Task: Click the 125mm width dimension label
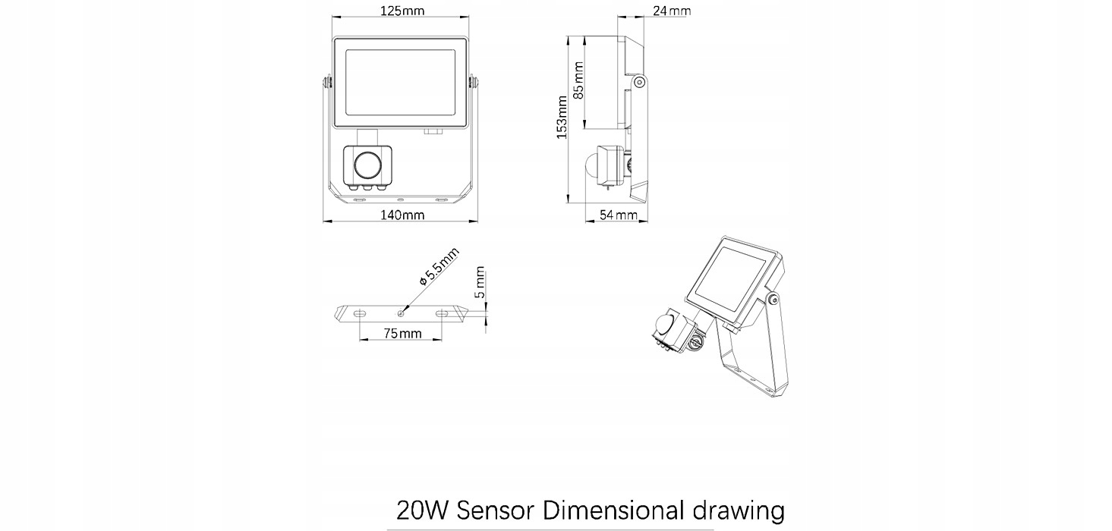pyautogui.click(x=402, y=11)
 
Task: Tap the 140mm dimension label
pyautogui.click(x=402, y=215)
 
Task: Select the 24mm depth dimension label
pyautogui.click(x=672, y=11)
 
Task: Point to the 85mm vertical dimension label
pyautogui.click(x=578, y=80)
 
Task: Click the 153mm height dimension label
pyautogui.click(x=562, y=117)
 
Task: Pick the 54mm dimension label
pyautogui.click(x=619, y=215)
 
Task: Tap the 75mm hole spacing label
pyautogui.click(x=402, y=334)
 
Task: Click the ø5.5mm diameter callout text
pyautogui.click(x=439, y=267)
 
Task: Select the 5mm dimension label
pyautogui.click(x=480, y=282)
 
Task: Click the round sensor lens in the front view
pyautogui.click(x=367, y=165)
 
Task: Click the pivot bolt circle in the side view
pyautogui.click(x=640, y=82)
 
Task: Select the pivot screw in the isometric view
pyautogui.click(x=773, y=300)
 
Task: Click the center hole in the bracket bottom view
pyautogui.click(x=401, y=313)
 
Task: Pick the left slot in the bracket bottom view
pyautogui.click(x=360, y=313)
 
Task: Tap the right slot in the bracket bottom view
pyautogui.click(x=443, y=313)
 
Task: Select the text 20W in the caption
pyautogui.click(x=423, y=511)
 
